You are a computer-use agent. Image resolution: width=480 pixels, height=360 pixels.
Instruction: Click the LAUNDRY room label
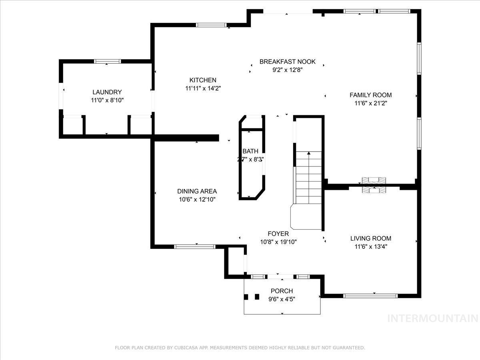[x=107, y=92]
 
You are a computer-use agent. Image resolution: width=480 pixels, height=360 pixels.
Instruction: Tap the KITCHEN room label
[x=203, y=80]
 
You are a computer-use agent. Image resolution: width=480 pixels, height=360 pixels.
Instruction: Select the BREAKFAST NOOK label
[x=287, y=62]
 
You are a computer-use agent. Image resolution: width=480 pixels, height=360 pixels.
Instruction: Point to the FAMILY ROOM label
[x=370, y=95]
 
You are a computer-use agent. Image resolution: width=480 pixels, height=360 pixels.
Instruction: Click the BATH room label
[x=250, y=151]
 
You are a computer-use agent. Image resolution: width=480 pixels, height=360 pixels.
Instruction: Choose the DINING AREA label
[x=197, y=191]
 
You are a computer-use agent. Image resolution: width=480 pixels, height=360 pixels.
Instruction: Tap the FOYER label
[x=278, y=234]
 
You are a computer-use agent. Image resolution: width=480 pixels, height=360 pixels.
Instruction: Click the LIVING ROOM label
[x=370, y=238]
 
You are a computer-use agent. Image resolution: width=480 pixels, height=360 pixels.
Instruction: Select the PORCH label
[x=282, y=291]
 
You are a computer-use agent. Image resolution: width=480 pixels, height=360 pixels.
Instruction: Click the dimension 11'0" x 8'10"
[x=107, y=100]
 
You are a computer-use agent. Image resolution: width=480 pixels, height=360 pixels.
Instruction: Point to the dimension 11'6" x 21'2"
[x=370, y=103]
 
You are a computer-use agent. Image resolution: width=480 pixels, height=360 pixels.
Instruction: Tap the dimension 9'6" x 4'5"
[x=282, y=299]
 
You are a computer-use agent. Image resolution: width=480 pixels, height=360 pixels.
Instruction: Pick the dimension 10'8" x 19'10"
[x=278, y=242]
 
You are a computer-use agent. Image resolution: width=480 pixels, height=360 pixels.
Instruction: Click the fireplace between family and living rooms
[x=374, y=185]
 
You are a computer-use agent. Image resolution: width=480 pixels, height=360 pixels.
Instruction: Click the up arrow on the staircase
[x=308, y=154]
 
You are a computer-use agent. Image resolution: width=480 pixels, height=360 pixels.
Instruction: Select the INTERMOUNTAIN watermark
[x=433, y=318]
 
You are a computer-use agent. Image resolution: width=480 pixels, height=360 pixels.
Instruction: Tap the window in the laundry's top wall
[x=107, y=61]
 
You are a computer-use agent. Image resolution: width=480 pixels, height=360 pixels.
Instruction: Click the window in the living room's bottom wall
[x=370, y=296]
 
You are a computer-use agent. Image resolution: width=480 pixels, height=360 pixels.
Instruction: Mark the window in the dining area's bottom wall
[x=195, y=247]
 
